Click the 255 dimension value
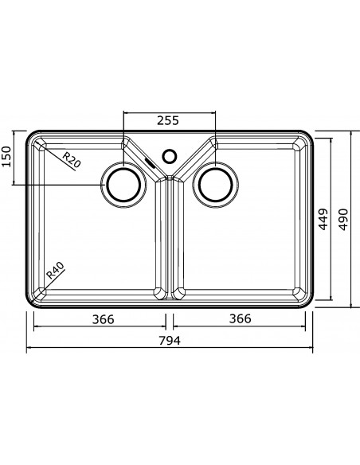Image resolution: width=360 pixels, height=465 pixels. [x=168, y=120]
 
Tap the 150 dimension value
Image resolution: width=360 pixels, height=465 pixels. [x=6, y=157]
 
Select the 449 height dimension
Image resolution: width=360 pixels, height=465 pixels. [x=323, y=219]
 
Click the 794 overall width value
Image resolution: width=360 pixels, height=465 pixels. [x=170, y=341]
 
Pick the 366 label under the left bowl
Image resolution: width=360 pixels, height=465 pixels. [x=104, y=319]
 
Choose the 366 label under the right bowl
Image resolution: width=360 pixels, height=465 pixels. [x=241, y=318]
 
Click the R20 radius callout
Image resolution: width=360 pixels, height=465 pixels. [x=72, y=159]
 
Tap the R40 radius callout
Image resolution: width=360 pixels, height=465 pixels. [x=56, y=271]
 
